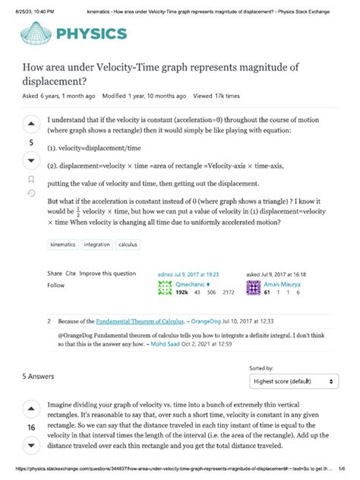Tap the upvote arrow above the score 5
(x=31, y=125)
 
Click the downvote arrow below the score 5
(x=31, y=161)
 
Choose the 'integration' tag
(x=96, y=245)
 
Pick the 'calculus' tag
(x=127, y=245)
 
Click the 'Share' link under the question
(x=54, y=273)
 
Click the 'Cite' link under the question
(x=71, y=273)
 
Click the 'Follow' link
(x=56, y=285)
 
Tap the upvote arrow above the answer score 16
(x=31, y=411)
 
